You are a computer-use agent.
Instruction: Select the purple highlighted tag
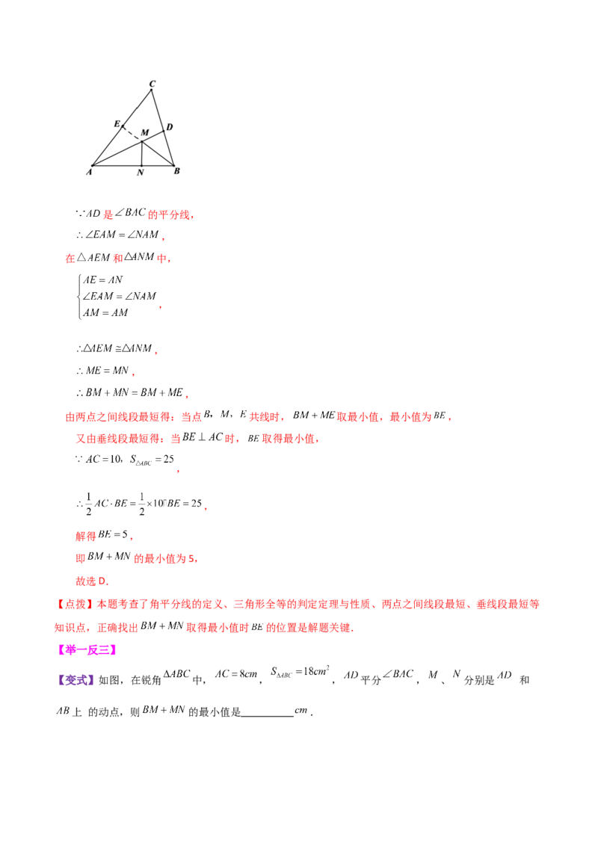(x=75, y=679)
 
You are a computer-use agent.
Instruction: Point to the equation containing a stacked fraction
(x=139, y=503)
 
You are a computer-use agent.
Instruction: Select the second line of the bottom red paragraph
(x=205, y=628)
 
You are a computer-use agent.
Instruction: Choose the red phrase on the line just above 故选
(x=164, y=558)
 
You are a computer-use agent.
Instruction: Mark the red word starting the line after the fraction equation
(x=84, y=535)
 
